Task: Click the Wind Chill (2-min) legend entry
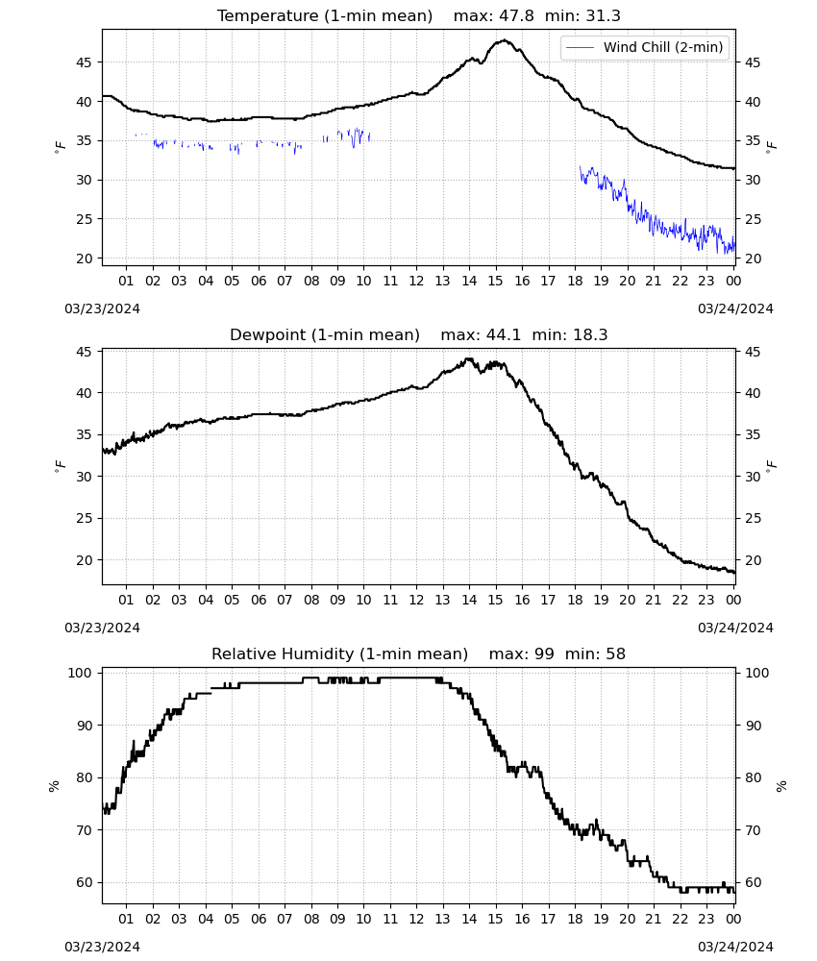[645, 47]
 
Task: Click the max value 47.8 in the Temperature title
[516, 16]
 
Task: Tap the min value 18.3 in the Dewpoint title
[590, 335]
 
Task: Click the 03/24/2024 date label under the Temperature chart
[735, 308]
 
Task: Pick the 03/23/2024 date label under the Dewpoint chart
[102, 628]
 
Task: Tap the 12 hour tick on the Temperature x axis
[417, 281]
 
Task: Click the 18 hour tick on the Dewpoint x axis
[575, 600]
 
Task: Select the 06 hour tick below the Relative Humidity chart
[258, 920]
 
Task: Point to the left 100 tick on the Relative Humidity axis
[80, 673]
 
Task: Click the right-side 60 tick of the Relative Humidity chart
[753, 883]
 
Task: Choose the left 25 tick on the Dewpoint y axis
[85, 519]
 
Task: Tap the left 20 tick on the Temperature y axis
[85, 259]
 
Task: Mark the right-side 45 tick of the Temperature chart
[753, 62]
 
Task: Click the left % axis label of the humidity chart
[54, 786]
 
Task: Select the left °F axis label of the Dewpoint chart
[60, 465]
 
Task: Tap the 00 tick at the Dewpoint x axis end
[733, 600]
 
